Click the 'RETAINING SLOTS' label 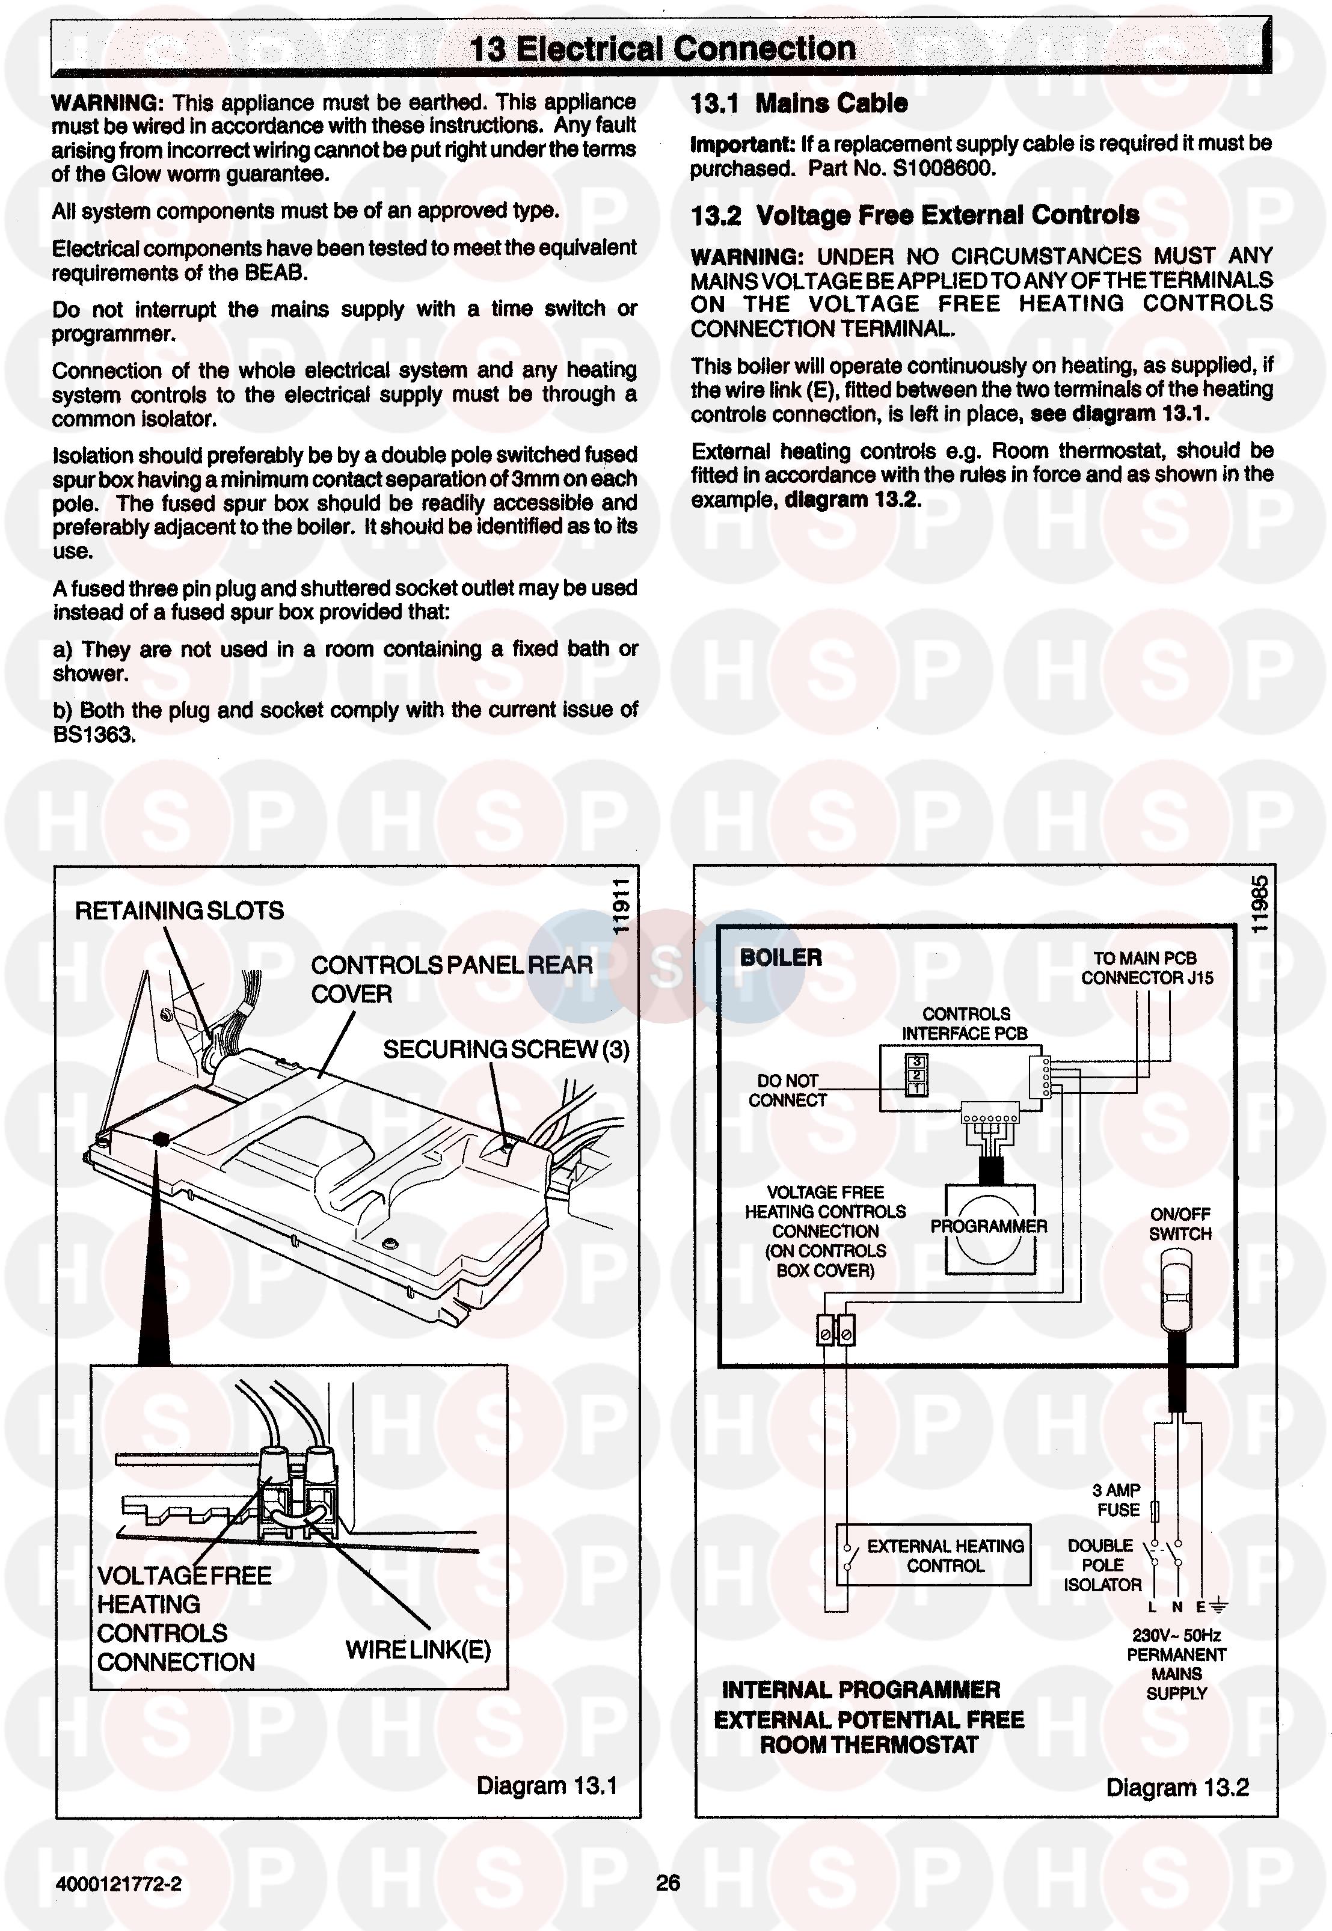pos(179,910)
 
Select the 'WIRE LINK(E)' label pos(417,1650)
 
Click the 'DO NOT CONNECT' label pos(787,1091)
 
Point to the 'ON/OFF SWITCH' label pos(1179,1224)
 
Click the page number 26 pos(668,1883)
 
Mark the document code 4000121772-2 pos(118,1884)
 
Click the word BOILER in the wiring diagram pos(781,957)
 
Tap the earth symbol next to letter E pos(1218,1606)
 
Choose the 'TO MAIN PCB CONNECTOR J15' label pos(1146,968)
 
